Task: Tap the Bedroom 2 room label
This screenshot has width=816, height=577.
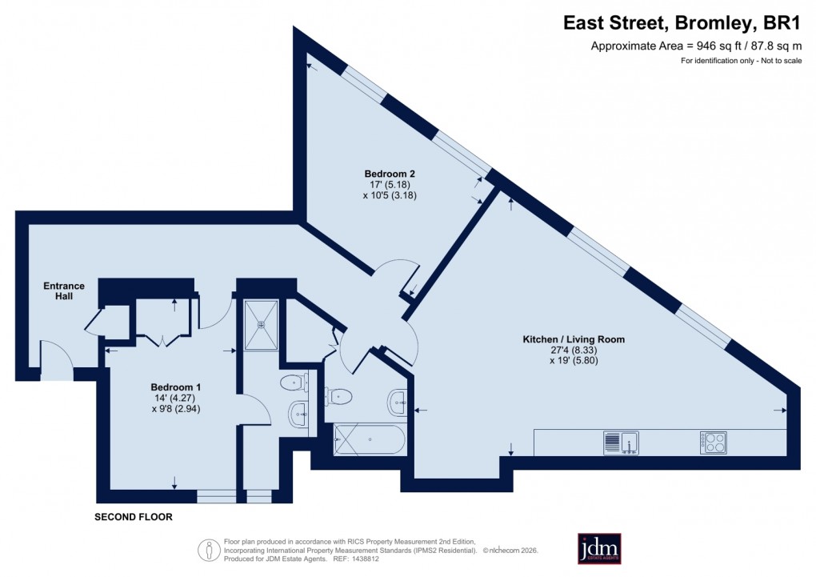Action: (x=390, y=174)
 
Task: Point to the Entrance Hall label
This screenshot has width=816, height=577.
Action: (x=64, y=292)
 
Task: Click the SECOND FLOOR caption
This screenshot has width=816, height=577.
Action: (x=134, y=517)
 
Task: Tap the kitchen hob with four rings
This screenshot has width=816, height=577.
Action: (x=714, y=442)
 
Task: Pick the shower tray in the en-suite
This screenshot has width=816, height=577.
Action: (x=262, y=326)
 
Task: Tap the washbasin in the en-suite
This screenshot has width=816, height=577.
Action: (x=297, y=414)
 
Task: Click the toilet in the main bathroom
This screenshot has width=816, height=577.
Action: (x=339, y=395)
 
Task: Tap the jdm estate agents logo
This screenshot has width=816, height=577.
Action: (x=599, y=548)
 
